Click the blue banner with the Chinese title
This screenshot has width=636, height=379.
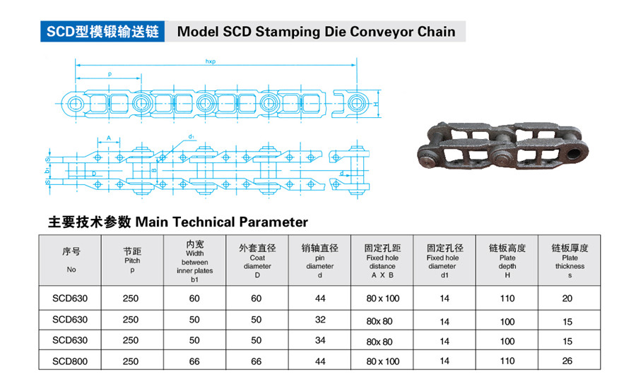pos(102,31)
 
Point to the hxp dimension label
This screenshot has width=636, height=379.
pos(210,61)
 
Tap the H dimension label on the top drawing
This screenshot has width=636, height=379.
pos(376,104)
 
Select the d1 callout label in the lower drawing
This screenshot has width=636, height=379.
pos(192,136)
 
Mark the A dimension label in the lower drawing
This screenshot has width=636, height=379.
pos(109,138)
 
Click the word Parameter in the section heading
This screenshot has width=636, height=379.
pos(273,222)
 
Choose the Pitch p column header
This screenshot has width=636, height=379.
pos(132,260)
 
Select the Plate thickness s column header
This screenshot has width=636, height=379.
pos(570,260)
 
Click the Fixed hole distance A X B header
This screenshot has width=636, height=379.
pos(382,260)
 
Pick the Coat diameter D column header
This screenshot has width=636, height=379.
pos(257,260)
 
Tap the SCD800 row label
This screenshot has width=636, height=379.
pos(70,361)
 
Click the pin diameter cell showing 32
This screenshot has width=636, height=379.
pos(320,320)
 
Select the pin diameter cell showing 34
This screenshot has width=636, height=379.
pos(320,340)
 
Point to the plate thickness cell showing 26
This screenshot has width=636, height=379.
pos(567,361)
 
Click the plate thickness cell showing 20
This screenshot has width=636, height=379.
pos(567,299)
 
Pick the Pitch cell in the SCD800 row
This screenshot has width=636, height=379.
pos(131,361)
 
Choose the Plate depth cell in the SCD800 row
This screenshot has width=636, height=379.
pos(507,361)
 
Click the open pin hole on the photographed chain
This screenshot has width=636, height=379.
pos(575,152)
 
